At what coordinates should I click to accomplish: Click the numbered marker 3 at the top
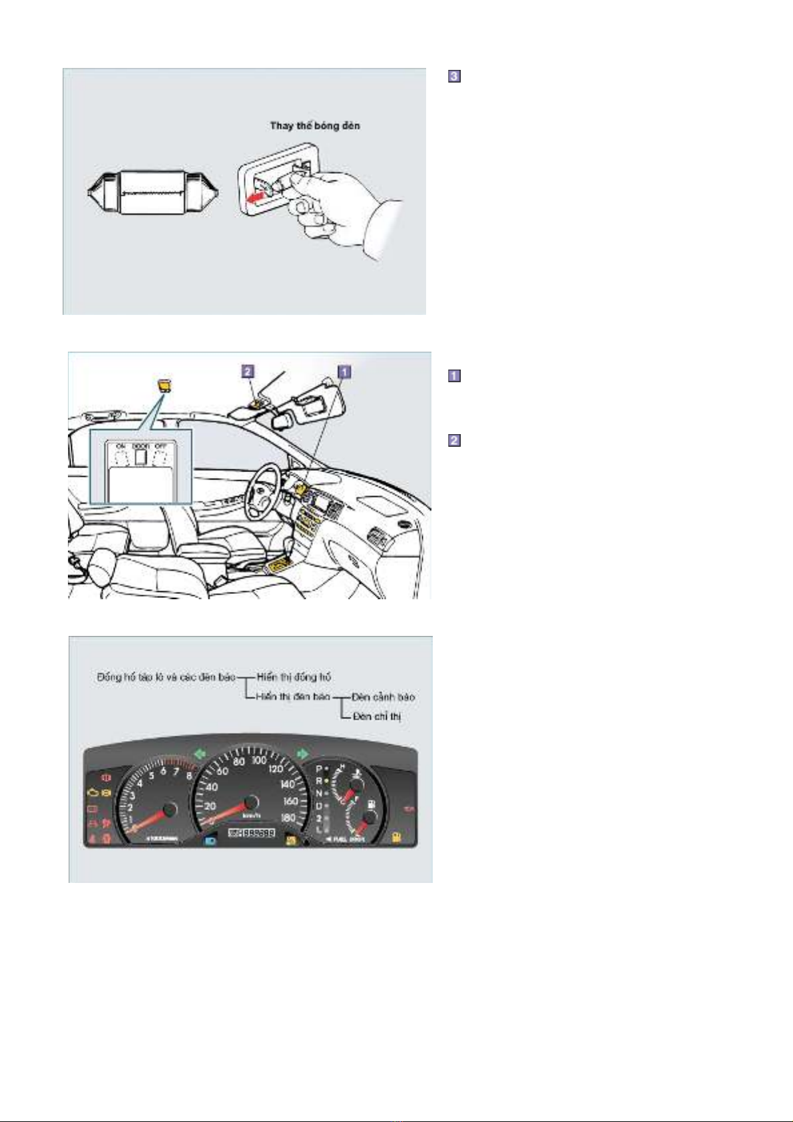pyautogui.click(x=453, y=77)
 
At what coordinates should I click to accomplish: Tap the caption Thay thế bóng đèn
pyautogui.click(x=315, y=126)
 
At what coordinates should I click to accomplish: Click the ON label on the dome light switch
pyautogui.click(x=121, y=446)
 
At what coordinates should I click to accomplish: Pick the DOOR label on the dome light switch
pyautogui.click(x=140, y=446)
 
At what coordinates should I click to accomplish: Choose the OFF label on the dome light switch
pyautogui.click(x=160, y=446)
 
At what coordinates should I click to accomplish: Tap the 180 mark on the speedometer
pyautogui.click(x=288, y=818)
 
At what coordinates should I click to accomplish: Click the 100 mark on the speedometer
pyautogui.click(x=259, y=760)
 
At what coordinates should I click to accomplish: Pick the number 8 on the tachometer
pyautogui.click(x=189, y=775)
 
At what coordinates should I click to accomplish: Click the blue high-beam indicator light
pyautogui.click(x=210, y=836)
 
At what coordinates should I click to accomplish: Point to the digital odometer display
pyautogui.click(x=252, y=834)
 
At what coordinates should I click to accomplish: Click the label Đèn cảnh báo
pyautogui.click(x=383, y=697)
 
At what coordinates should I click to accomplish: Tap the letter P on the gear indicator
pyautogui.click(x=318, y=769)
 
